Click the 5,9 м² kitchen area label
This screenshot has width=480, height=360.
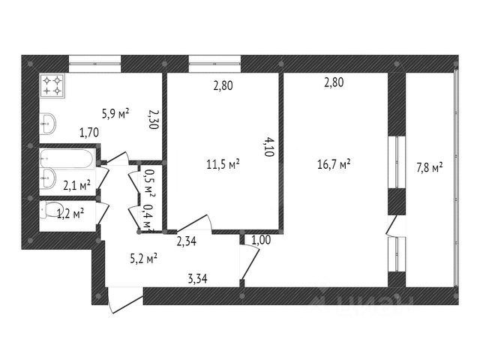[x=115, y=114]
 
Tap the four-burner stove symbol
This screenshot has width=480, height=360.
[x=52, y=85]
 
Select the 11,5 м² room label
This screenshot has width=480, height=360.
[x=224, y=163]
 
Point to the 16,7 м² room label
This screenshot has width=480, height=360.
[x=335, y=163]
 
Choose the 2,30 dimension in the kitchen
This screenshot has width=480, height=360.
[x=153, y=120]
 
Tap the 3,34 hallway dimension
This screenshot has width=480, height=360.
[x=197, y=280]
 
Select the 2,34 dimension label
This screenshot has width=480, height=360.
[x=187, y=241]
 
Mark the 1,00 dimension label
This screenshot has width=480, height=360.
[x=261, y=241]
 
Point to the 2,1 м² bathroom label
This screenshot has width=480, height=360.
[x=77, y=184]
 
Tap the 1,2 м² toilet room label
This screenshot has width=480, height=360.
[x=70, y=214]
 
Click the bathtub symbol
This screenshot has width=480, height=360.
[x=67, y=159]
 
